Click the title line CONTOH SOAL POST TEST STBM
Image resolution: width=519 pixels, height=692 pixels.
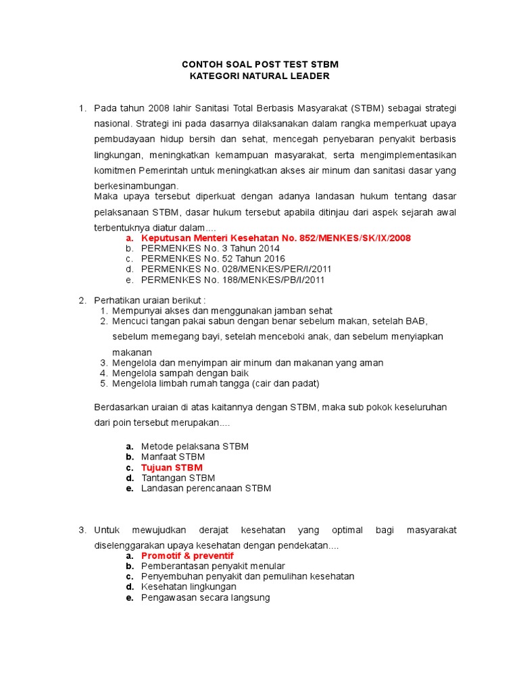pos(260,64)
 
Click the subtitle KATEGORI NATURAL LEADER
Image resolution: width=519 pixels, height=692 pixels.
pos(260,76)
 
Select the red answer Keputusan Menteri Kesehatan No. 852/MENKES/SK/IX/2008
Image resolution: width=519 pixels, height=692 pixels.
pos(276,238)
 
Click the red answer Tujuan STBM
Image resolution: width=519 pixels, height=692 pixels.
pos(172,468)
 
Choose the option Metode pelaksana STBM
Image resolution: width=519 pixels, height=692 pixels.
pos(195,447)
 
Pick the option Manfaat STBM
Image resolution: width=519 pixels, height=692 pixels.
pos(173,457)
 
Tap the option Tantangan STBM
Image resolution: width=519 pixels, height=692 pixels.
pos(178,478)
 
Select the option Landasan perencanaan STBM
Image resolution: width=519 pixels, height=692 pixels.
pos(206,488)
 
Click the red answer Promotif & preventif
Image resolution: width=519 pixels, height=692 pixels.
pos(187,555)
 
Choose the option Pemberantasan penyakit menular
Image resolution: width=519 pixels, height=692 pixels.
pos(213,566)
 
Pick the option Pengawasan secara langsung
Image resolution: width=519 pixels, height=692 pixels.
pos(205,597)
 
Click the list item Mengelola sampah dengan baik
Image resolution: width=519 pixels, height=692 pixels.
pos(180,373)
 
